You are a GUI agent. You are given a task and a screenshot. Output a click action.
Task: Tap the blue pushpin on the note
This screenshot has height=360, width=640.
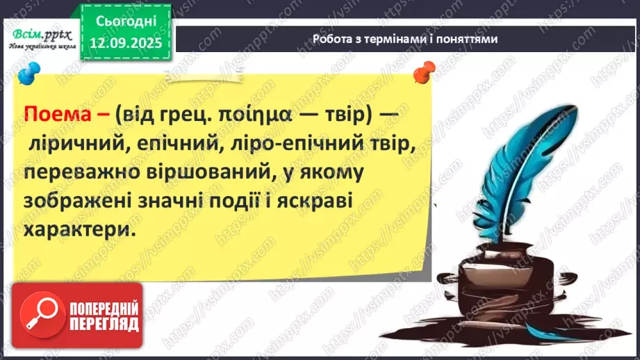[x=29, y=73]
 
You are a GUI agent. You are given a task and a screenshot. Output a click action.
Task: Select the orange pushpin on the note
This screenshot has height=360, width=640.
[x=424, y=71]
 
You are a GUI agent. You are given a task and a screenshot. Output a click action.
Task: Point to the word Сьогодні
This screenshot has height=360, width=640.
[x=126, y=21]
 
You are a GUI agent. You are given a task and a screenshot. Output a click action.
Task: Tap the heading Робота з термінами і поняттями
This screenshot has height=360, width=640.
[x=405, y=39]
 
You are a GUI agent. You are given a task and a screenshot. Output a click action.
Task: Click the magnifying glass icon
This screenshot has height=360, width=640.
[x=42, y=314]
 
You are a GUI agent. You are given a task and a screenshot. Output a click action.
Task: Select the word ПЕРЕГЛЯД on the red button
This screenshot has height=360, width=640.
[x=104, y=325]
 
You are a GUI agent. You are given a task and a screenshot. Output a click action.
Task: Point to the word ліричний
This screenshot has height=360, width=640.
[x=76, y=144]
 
